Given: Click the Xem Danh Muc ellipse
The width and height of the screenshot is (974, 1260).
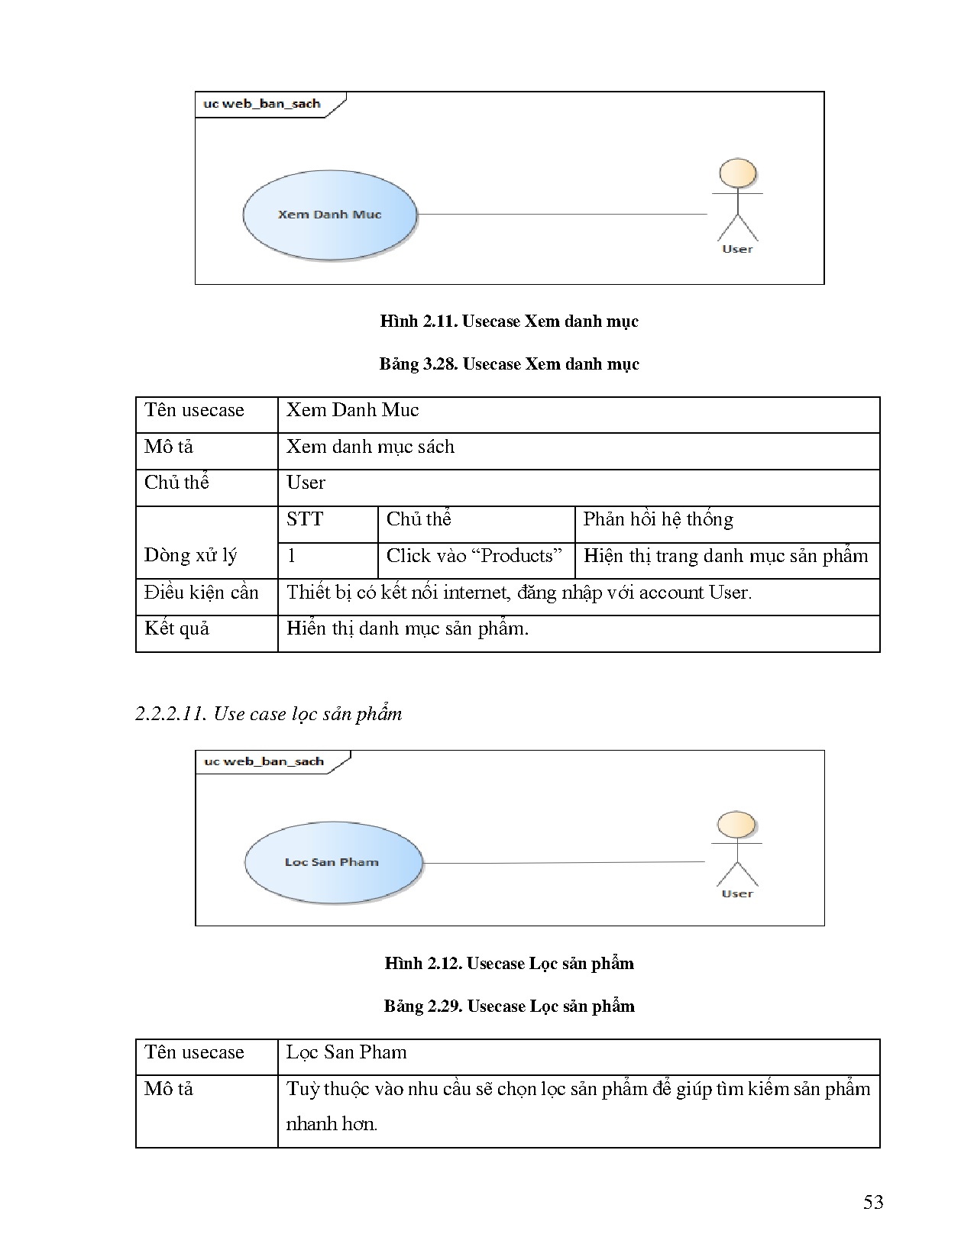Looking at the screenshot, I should pyautogui.click(x=330, y=215).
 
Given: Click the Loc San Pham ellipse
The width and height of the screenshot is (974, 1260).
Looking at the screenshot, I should pyautogui.click(x=332, y=862).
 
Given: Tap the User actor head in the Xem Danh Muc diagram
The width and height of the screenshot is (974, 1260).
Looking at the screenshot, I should pyautogui.click(x=738, y=173).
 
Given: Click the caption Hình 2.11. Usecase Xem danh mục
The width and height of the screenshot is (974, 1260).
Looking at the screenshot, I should pyautogui.click(x=509, y=321).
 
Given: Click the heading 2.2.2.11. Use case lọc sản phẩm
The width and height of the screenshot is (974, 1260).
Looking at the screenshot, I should pyautogui.click(x=268, y=714).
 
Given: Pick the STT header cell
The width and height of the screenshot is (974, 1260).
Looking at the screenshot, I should pyautogui.click(x=305, y=520).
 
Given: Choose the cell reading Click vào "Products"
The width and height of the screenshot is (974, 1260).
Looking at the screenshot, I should pyautogui.click(x=474, y=556).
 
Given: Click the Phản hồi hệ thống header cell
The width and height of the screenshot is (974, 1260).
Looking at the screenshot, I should pyautogui.click(x=658, y=520).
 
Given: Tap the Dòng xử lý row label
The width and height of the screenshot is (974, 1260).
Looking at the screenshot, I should pyautogui.click(x=191, y=555).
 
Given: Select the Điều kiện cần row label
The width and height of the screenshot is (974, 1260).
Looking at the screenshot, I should pyautogui.click(x=202, y=593).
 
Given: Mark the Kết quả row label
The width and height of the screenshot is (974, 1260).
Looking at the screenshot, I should pyautogui.click(x=177, y=629).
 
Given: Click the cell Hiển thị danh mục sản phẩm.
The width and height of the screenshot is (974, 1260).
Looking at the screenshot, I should pyautogui.click(x=407, y=629).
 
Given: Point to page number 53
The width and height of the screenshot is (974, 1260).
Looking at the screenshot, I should pyautogui.click(x=873, y=1203).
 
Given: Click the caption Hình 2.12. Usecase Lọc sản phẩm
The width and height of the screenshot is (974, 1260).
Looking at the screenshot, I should pyautogui.click(x=509, y=964).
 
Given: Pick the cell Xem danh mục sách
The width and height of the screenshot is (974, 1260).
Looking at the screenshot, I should pyautogui.click(x=371, y=447).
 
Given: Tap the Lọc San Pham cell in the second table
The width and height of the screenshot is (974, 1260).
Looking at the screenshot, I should pyautogui.click(x=346, y=1052).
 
